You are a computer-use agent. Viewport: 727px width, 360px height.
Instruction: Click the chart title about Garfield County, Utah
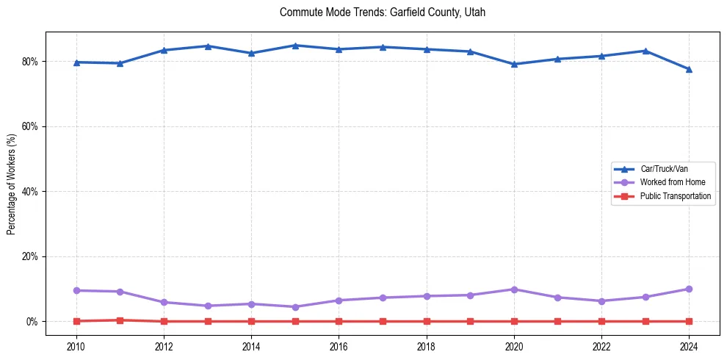click(383, 12)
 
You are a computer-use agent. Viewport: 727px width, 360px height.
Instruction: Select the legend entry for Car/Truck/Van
click(663, 169)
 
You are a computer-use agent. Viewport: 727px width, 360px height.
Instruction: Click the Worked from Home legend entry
click(668, 182)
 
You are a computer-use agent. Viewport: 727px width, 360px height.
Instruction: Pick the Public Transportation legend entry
click(675, 196)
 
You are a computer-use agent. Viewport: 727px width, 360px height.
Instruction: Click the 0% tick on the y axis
click(32, 322)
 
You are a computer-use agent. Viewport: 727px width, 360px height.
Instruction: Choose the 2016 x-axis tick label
click(339, 345)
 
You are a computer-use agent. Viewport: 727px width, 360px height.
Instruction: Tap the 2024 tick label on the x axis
click(689, 345)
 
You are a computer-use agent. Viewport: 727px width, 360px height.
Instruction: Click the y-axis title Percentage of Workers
click(12, 184)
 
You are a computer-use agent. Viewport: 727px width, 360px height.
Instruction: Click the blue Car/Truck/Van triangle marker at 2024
click(689, 69)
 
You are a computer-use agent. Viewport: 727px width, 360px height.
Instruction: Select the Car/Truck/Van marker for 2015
click(295, 46)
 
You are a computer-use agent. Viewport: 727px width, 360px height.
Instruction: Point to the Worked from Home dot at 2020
click(514, 289)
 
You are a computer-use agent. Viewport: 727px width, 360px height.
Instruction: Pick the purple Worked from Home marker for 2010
click(76, 290)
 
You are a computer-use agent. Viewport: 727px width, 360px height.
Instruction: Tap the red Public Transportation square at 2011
click(120, 320)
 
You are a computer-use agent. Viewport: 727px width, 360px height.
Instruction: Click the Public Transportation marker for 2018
click(427, 321)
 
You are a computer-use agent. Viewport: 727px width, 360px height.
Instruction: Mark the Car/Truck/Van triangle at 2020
click(514, 64)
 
